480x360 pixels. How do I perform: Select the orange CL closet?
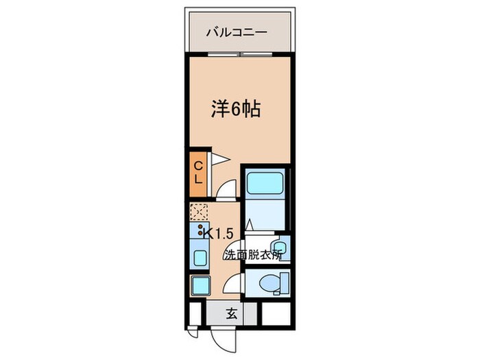[x=197, y=171]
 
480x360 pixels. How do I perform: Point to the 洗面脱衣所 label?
[x=252, y=255]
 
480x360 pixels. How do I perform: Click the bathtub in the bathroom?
[x=265, y=183]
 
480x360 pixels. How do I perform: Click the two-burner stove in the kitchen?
[x=200, y=232]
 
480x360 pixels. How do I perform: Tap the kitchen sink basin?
[x=200, y=258]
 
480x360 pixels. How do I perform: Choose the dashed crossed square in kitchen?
[x=200, y=212]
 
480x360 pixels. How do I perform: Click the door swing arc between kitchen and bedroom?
[x=228, y=189]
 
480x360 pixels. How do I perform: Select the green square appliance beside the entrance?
[x=200, y=285]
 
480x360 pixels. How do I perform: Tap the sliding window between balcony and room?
[x=237, y=53]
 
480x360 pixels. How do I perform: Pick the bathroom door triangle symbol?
[x=250, y=224]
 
